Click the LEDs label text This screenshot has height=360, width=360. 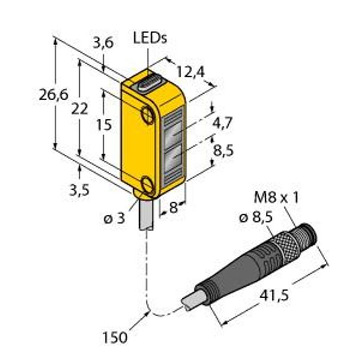pyautogui.click(x=150, y=38)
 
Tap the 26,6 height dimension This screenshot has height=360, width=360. pyautogui.click(x=53, y=95)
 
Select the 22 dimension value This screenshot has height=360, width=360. pyautogui.click(x=79, y=109)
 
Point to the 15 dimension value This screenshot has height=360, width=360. pyautogui.click(x=104, y=125)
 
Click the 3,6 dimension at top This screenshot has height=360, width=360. pyautogui.click(x=103, y=43)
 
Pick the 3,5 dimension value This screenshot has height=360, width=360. pyautogui.click(x=79, y=190)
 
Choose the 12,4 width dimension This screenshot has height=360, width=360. pyautogui.click(x=191, y=72)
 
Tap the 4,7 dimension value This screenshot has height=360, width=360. pyautogui.click(x=223, y=123)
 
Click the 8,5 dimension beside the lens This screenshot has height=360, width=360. pyautogui.click(x=223, y=151)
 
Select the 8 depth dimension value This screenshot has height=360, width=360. pyautogui.click(x=173, y=208)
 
